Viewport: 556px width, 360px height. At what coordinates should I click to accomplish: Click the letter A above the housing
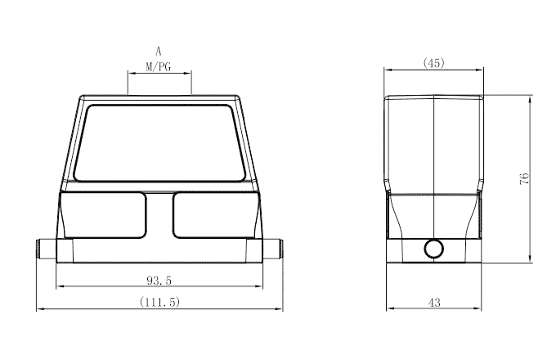click(159, 51)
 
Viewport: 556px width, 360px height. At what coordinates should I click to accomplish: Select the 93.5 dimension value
click(159, 280)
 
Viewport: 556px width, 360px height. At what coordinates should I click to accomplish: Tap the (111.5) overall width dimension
click(159, 302)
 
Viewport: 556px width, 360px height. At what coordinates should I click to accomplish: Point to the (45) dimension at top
click(433, 63)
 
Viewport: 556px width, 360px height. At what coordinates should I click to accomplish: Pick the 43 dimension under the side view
click(433, 302)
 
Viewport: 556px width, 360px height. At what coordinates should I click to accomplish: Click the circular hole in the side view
click(433, 249)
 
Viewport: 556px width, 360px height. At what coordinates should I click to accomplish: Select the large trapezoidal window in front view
click(159, 142)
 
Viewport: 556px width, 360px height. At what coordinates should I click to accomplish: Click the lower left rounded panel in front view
click(104, 215)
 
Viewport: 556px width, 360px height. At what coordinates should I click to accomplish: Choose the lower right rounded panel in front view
click(215, 215)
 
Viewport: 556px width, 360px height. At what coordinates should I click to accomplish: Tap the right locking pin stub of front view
click(276, 248)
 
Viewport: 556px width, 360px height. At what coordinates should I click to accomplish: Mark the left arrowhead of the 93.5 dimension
click(58, 287)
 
